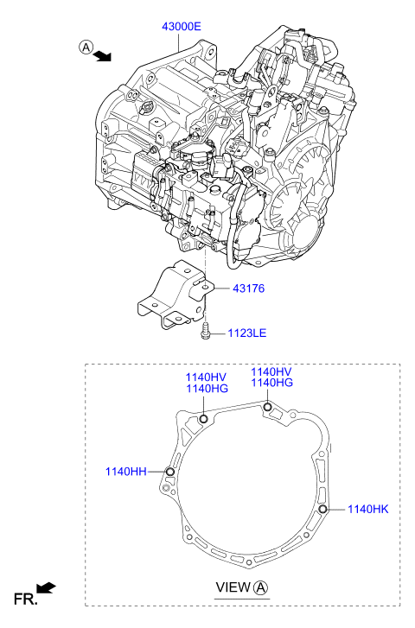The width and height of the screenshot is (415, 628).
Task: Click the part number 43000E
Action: [182, 27]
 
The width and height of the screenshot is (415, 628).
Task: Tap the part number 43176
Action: [249, 289]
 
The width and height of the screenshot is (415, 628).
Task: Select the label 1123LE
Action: [247, 333]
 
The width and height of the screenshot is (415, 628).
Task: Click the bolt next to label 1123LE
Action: [205, 332]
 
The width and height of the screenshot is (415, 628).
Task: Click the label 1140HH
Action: [126, 472]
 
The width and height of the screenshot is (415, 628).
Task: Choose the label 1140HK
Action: [368, 509]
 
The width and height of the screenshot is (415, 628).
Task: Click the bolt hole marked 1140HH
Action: [170, 472]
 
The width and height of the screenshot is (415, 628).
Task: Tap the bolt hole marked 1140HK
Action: [322, 509]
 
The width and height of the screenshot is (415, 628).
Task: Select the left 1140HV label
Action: [206, 377]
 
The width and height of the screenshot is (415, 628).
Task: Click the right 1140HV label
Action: [271, 371]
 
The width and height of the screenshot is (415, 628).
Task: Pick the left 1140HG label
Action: [207, 389]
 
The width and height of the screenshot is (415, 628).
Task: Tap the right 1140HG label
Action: [272, 383]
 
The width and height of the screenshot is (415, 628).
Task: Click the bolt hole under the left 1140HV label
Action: [204, 419]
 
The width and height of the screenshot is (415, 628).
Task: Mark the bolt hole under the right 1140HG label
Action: [267, 408]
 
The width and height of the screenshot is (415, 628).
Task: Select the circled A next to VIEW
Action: [261, 588]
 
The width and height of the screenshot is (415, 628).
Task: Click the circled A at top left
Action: [86, 48]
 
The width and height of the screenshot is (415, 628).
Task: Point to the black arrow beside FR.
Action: [46, 587]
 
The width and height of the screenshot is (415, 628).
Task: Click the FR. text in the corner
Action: [26, 599]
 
